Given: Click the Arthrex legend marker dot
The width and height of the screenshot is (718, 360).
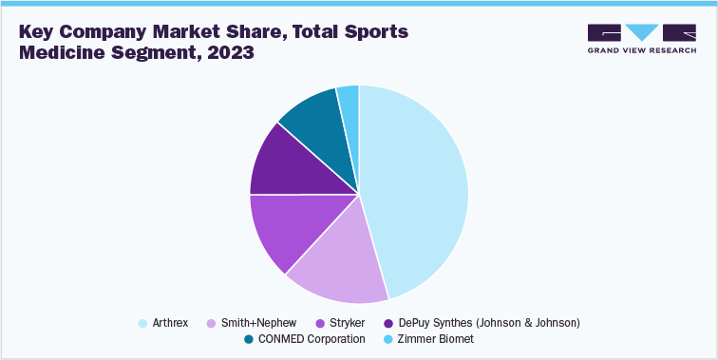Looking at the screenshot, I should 142,323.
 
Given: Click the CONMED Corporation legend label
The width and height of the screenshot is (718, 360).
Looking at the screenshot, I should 311,339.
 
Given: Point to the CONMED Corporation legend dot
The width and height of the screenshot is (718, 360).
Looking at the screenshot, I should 249,339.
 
